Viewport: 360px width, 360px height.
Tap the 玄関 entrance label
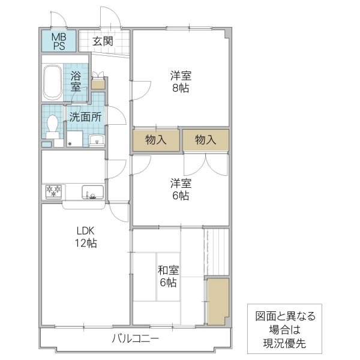(104, 41)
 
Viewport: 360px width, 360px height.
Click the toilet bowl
(53, 125)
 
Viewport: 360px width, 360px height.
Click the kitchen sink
(94, 193)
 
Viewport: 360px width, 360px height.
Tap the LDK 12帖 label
(85, 237)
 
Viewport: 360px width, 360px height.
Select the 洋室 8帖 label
(180, 82)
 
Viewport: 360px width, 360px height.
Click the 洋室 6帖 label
(180, 189)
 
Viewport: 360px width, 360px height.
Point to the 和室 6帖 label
(168, 276)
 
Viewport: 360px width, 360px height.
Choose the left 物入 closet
(156, 140)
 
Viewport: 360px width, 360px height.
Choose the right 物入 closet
(206, 140)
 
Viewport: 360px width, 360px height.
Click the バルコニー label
(135, 339)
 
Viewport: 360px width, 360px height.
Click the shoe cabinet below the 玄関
(98, 83)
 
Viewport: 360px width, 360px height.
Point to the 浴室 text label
(76, 81)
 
